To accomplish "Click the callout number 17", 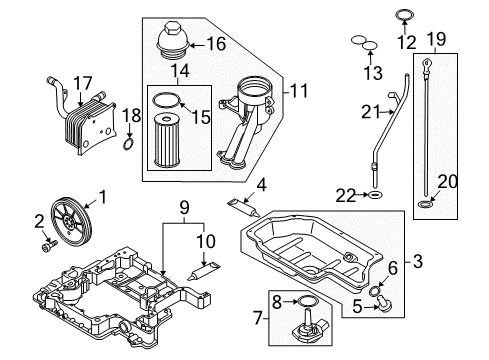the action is click(x=82, y=83).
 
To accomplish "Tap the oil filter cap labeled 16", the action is click(x=173, y=41).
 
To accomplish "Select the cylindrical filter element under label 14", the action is click(x=167, y=140).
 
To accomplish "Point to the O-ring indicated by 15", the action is click(x=167, y=100).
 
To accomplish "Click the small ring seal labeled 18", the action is click(x=128, y=144).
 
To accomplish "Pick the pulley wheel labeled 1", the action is click(x=70, y=222).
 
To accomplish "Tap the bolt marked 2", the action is click(x=50, y=246).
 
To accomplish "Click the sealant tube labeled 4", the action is click(x=244, y=208).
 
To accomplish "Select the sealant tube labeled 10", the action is click(x=203, y=271).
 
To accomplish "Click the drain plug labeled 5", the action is click(x=384, y=304).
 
